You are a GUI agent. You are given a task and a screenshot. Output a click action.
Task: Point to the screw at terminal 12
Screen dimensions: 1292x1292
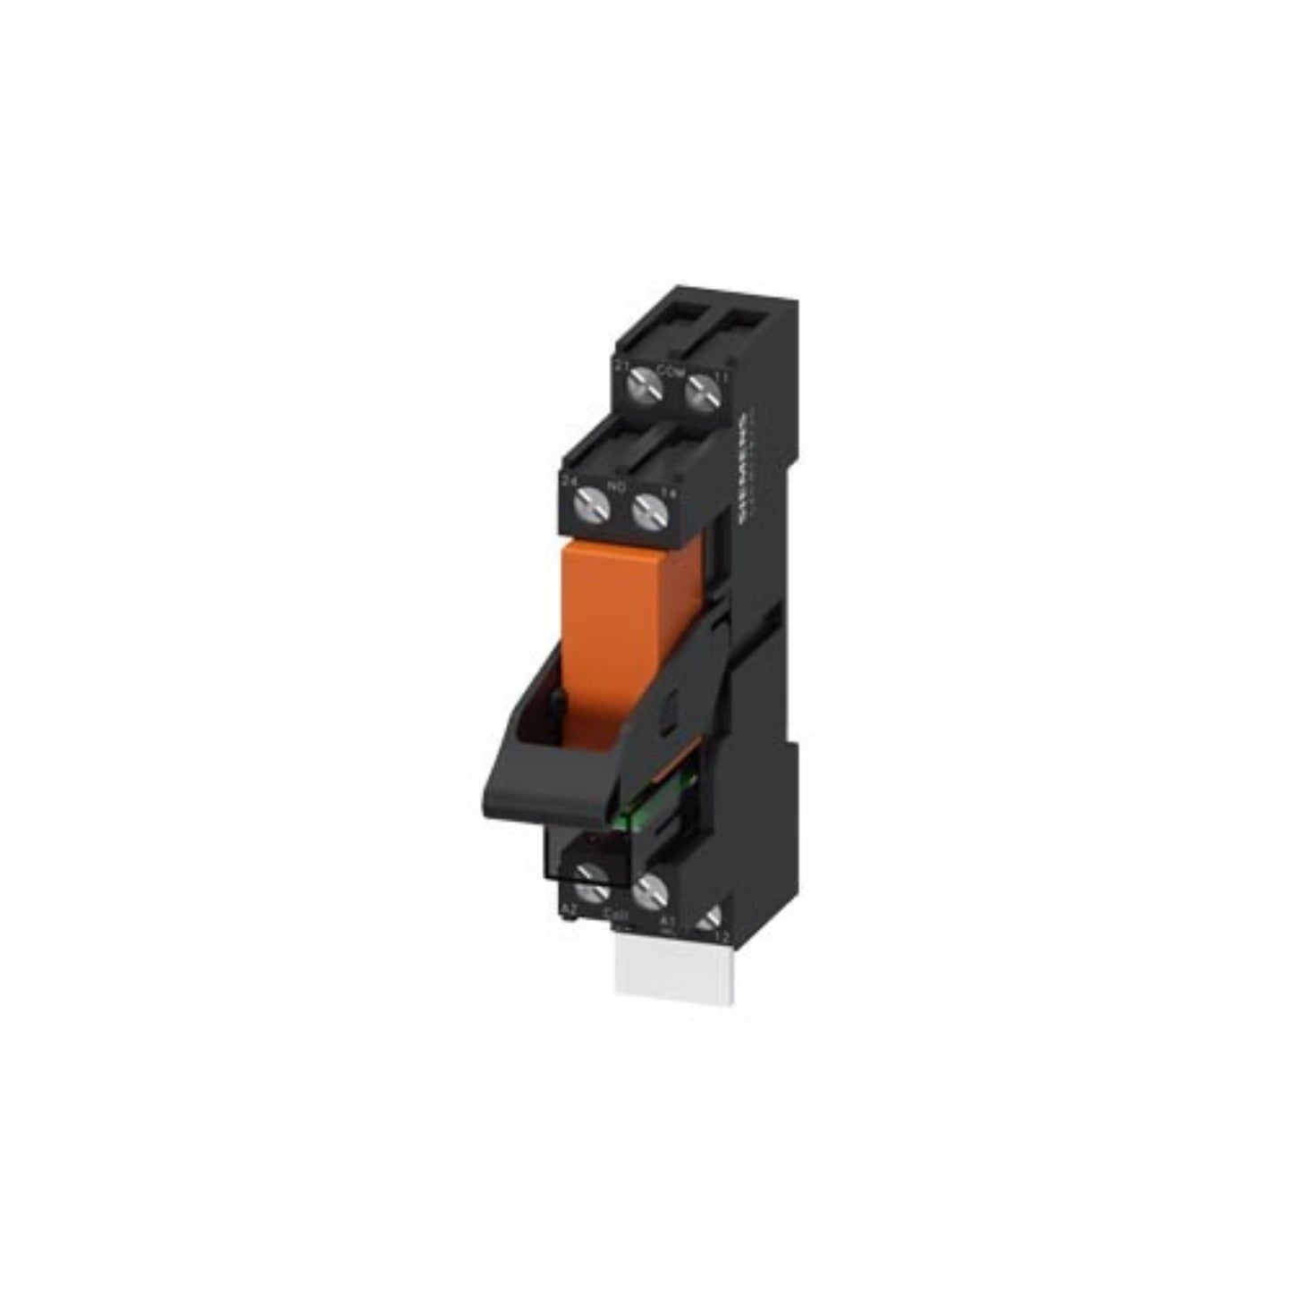point(712,919)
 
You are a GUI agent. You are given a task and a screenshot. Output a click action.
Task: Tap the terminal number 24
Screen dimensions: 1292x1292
point(570,481)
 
